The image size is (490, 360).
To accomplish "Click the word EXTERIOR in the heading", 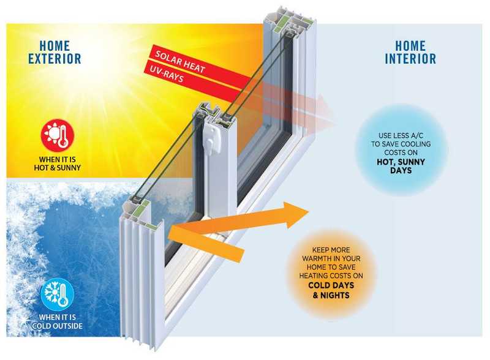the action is (x=55, y=58).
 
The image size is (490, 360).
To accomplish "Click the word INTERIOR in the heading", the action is (x=410, y=58).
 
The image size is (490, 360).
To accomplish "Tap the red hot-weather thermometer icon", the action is (x=58, y=135).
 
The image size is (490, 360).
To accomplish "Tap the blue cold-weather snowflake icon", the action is (x=58, y=294).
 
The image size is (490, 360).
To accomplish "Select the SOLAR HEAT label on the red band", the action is (x=180, y=62).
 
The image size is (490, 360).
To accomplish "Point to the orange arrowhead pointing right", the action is (x=296, y=214).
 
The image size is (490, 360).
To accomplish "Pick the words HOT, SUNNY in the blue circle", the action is (x=401, y=162).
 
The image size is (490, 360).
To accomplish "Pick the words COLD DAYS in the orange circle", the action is (x=331, y=285).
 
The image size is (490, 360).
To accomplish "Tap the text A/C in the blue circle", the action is (x=417, y=136).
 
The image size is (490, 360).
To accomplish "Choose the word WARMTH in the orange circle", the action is (x=315, y=258).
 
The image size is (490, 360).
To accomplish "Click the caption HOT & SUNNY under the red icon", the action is (x=58, y=168).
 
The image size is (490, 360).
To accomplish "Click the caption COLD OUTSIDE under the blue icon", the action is (x=57, y=326).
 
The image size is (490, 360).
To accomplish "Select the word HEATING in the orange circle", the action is (x=312, y=276).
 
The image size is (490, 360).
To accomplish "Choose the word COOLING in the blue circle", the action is (x=416, y=144).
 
